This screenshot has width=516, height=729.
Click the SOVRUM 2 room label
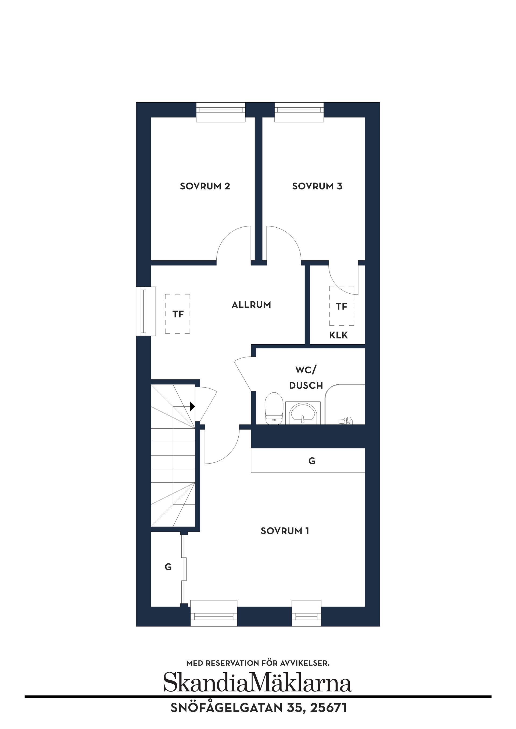[x=205, y=186]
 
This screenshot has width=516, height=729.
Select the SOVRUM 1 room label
[x=285, y=531]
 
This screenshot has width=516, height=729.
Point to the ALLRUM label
[x=251, y=305]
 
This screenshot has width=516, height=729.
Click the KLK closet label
[x=338, y=335]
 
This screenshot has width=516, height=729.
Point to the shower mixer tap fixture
[x=345, y=421]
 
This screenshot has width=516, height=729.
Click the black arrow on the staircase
[x=192, y=406]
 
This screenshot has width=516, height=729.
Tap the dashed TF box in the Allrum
[x=177, y=314]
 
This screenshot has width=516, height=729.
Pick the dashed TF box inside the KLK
[x=342, y=306]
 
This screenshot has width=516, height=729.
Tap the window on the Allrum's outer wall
[x=146, y=311]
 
